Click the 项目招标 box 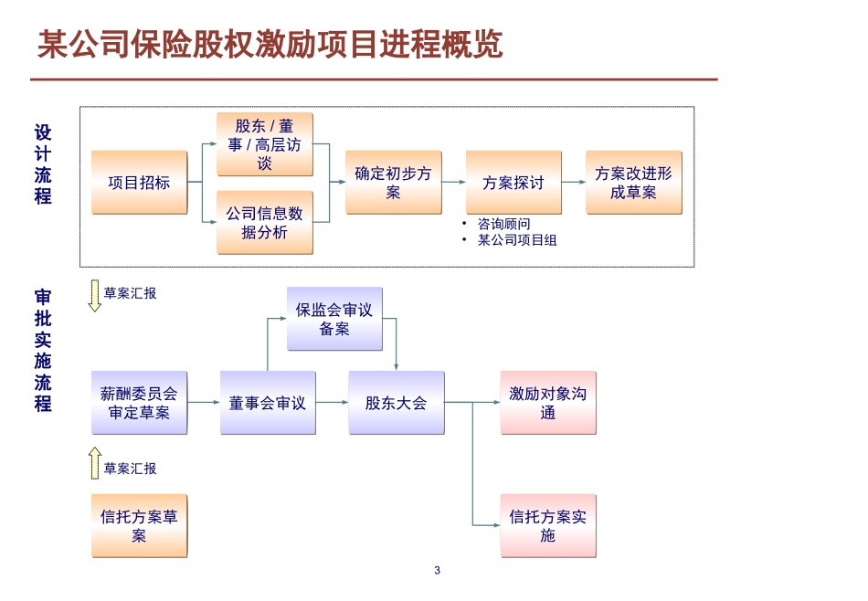139,183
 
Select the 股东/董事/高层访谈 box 264,144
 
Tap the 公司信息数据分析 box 264,222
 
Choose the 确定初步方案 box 393,183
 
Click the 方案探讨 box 513,183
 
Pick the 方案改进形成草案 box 633,183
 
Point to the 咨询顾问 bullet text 503,224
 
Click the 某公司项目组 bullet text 517,240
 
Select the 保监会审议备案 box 334,319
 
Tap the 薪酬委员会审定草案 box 139,402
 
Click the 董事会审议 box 268,402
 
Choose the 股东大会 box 396,402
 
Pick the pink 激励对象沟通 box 547,402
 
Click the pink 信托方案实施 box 547,525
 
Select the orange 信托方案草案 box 139,525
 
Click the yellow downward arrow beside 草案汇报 94,296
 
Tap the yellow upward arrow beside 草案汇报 94,464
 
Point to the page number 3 437,571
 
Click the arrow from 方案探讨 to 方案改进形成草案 573,183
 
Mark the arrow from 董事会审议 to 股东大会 332,402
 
